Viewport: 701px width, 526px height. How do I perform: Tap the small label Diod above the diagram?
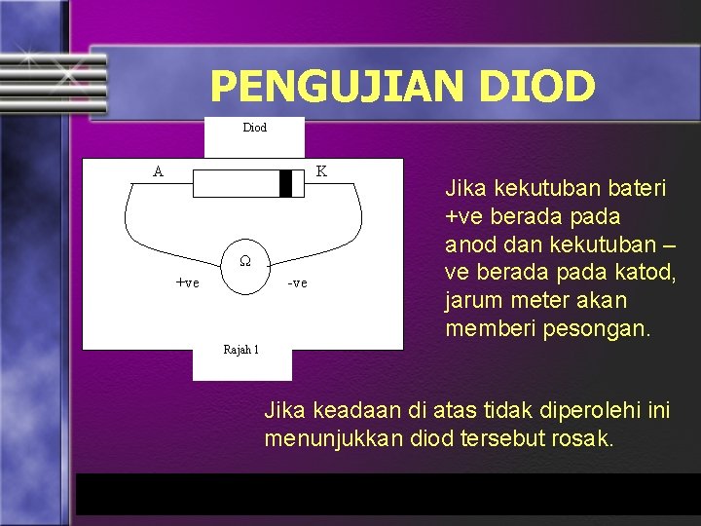click(x=254, y=128)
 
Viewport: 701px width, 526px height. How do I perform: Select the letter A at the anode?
click(x=158, y=171)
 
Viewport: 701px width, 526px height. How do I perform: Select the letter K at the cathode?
click(x=321, y=171)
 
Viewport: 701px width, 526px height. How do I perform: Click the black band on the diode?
click(x=285, y=183)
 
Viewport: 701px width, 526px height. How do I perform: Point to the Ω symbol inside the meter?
click(x=246, y=261)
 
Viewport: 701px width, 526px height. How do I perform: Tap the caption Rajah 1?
click(x=241, y=349)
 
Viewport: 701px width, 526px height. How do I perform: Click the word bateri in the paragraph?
click(x=638, y=188)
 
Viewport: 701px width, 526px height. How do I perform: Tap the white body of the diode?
click(x=234, y=183)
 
